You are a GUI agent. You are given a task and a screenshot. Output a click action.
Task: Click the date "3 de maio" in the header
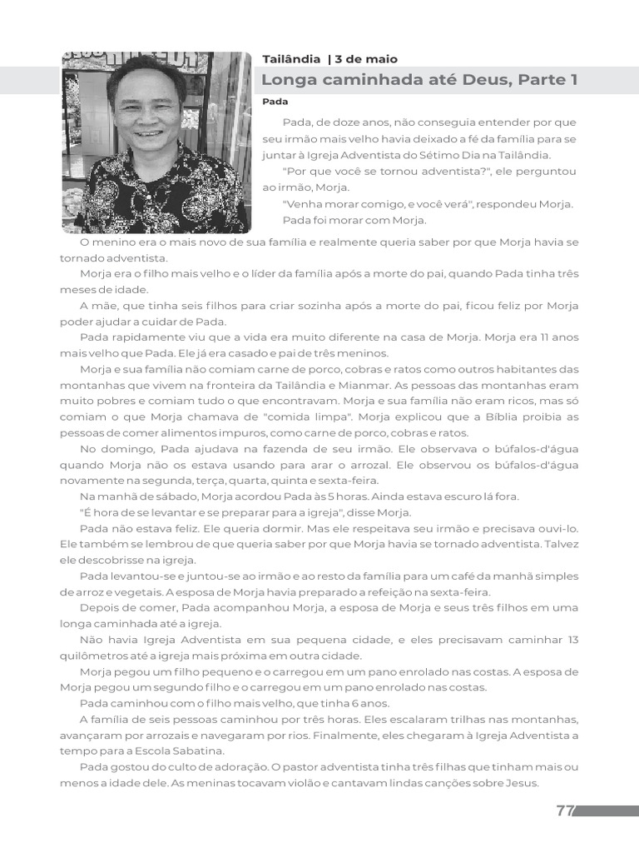coord(366,59)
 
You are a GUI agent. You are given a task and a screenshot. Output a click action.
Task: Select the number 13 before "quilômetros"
coord(571,640)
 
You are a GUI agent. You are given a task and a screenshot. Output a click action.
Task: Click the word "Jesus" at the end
coord(522,783)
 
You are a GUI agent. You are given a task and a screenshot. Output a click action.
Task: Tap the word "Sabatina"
coord(186,751)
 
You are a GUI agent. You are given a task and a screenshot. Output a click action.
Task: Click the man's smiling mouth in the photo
coord(151,134)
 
